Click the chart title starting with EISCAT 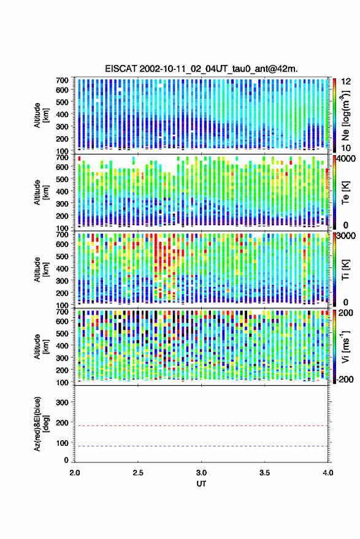201,69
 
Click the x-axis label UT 201,484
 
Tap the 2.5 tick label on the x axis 138,473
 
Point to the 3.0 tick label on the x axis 201,473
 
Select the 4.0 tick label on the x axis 327,473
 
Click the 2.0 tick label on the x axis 75,473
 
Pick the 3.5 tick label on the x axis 264,473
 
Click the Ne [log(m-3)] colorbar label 346,115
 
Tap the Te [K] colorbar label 345,193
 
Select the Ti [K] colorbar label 345,270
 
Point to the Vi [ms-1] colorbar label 345,346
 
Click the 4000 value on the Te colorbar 345,159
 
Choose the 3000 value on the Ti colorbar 345,236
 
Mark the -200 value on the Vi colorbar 345,380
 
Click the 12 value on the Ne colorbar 347,82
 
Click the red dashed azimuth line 201,426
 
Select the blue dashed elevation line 201,446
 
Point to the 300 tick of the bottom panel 62,402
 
